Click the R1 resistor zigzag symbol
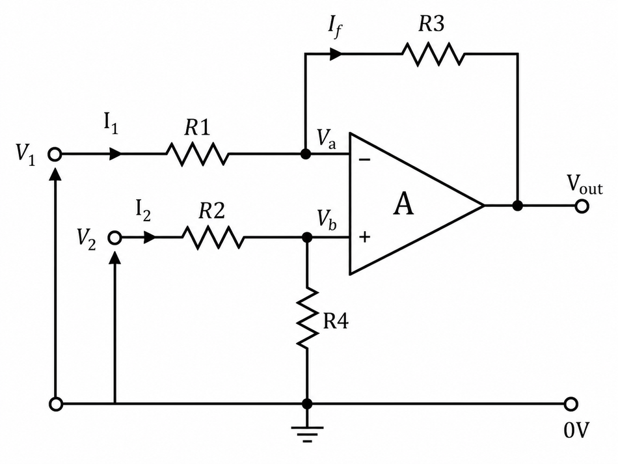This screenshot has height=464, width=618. point(197,154)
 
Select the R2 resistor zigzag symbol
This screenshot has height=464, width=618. point(213,237)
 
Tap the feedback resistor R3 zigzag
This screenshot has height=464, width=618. point(433,53)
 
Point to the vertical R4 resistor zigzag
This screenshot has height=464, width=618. point(307,318)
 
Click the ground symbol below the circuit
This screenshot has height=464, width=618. point(307,434)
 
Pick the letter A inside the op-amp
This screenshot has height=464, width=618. point(403,204)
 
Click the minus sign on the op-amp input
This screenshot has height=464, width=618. point(365,159)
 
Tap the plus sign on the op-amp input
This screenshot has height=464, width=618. point(365,237)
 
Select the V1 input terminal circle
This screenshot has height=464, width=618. point(55,154)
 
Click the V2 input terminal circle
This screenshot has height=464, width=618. point(114,238)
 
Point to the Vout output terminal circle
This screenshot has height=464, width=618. point(582,206)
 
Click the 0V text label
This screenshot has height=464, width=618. point(576,430)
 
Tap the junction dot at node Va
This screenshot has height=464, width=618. point(305,154)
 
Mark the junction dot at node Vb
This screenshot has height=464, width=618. point(307,238)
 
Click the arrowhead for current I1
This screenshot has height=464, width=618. point(116,154)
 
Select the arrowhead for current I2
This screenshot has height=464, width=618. point(150,238)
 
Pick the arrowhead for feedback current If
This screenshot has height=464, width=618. point(336,53)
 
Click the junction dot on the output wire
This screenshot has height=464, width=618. point(518,206)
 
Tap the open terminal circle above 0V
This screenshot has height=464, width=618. point(571,404)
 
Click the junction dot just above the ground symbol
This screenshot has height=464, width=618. point(307,404)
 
